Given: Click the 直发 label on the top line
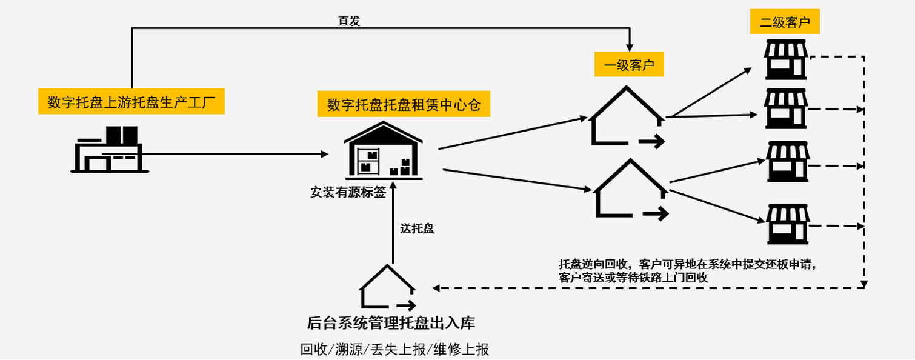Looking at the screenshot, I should click(349, 21).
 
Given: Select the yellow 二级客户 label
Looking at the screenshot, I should click(785, 23).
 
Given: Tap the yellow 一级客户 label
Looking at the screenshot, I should click(629, 65).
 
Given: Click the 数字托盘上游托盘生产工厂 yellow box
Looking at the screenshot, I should click(131, 101).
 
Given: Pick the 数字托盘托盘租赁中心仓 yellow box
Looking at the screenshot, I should click(404, 104).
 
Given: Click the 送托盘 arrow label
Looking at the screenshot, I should click(418, 228).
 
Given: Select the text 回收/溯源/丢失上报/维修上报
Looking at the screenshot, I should click(394, 350).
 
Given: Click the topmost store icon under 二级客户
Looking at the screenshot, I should click(786, 59).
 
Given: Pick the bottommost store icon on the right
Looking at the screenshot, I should click(787, 223).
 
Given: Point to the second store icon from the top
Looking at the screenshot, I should click(786, 108).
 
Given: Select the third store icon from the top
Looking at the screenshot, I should click(787, 162).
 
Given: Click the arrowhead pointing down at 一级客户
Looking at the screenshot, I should click(630, 47).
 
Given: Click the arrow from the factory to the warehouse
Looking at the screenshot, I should click(236, 154).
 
